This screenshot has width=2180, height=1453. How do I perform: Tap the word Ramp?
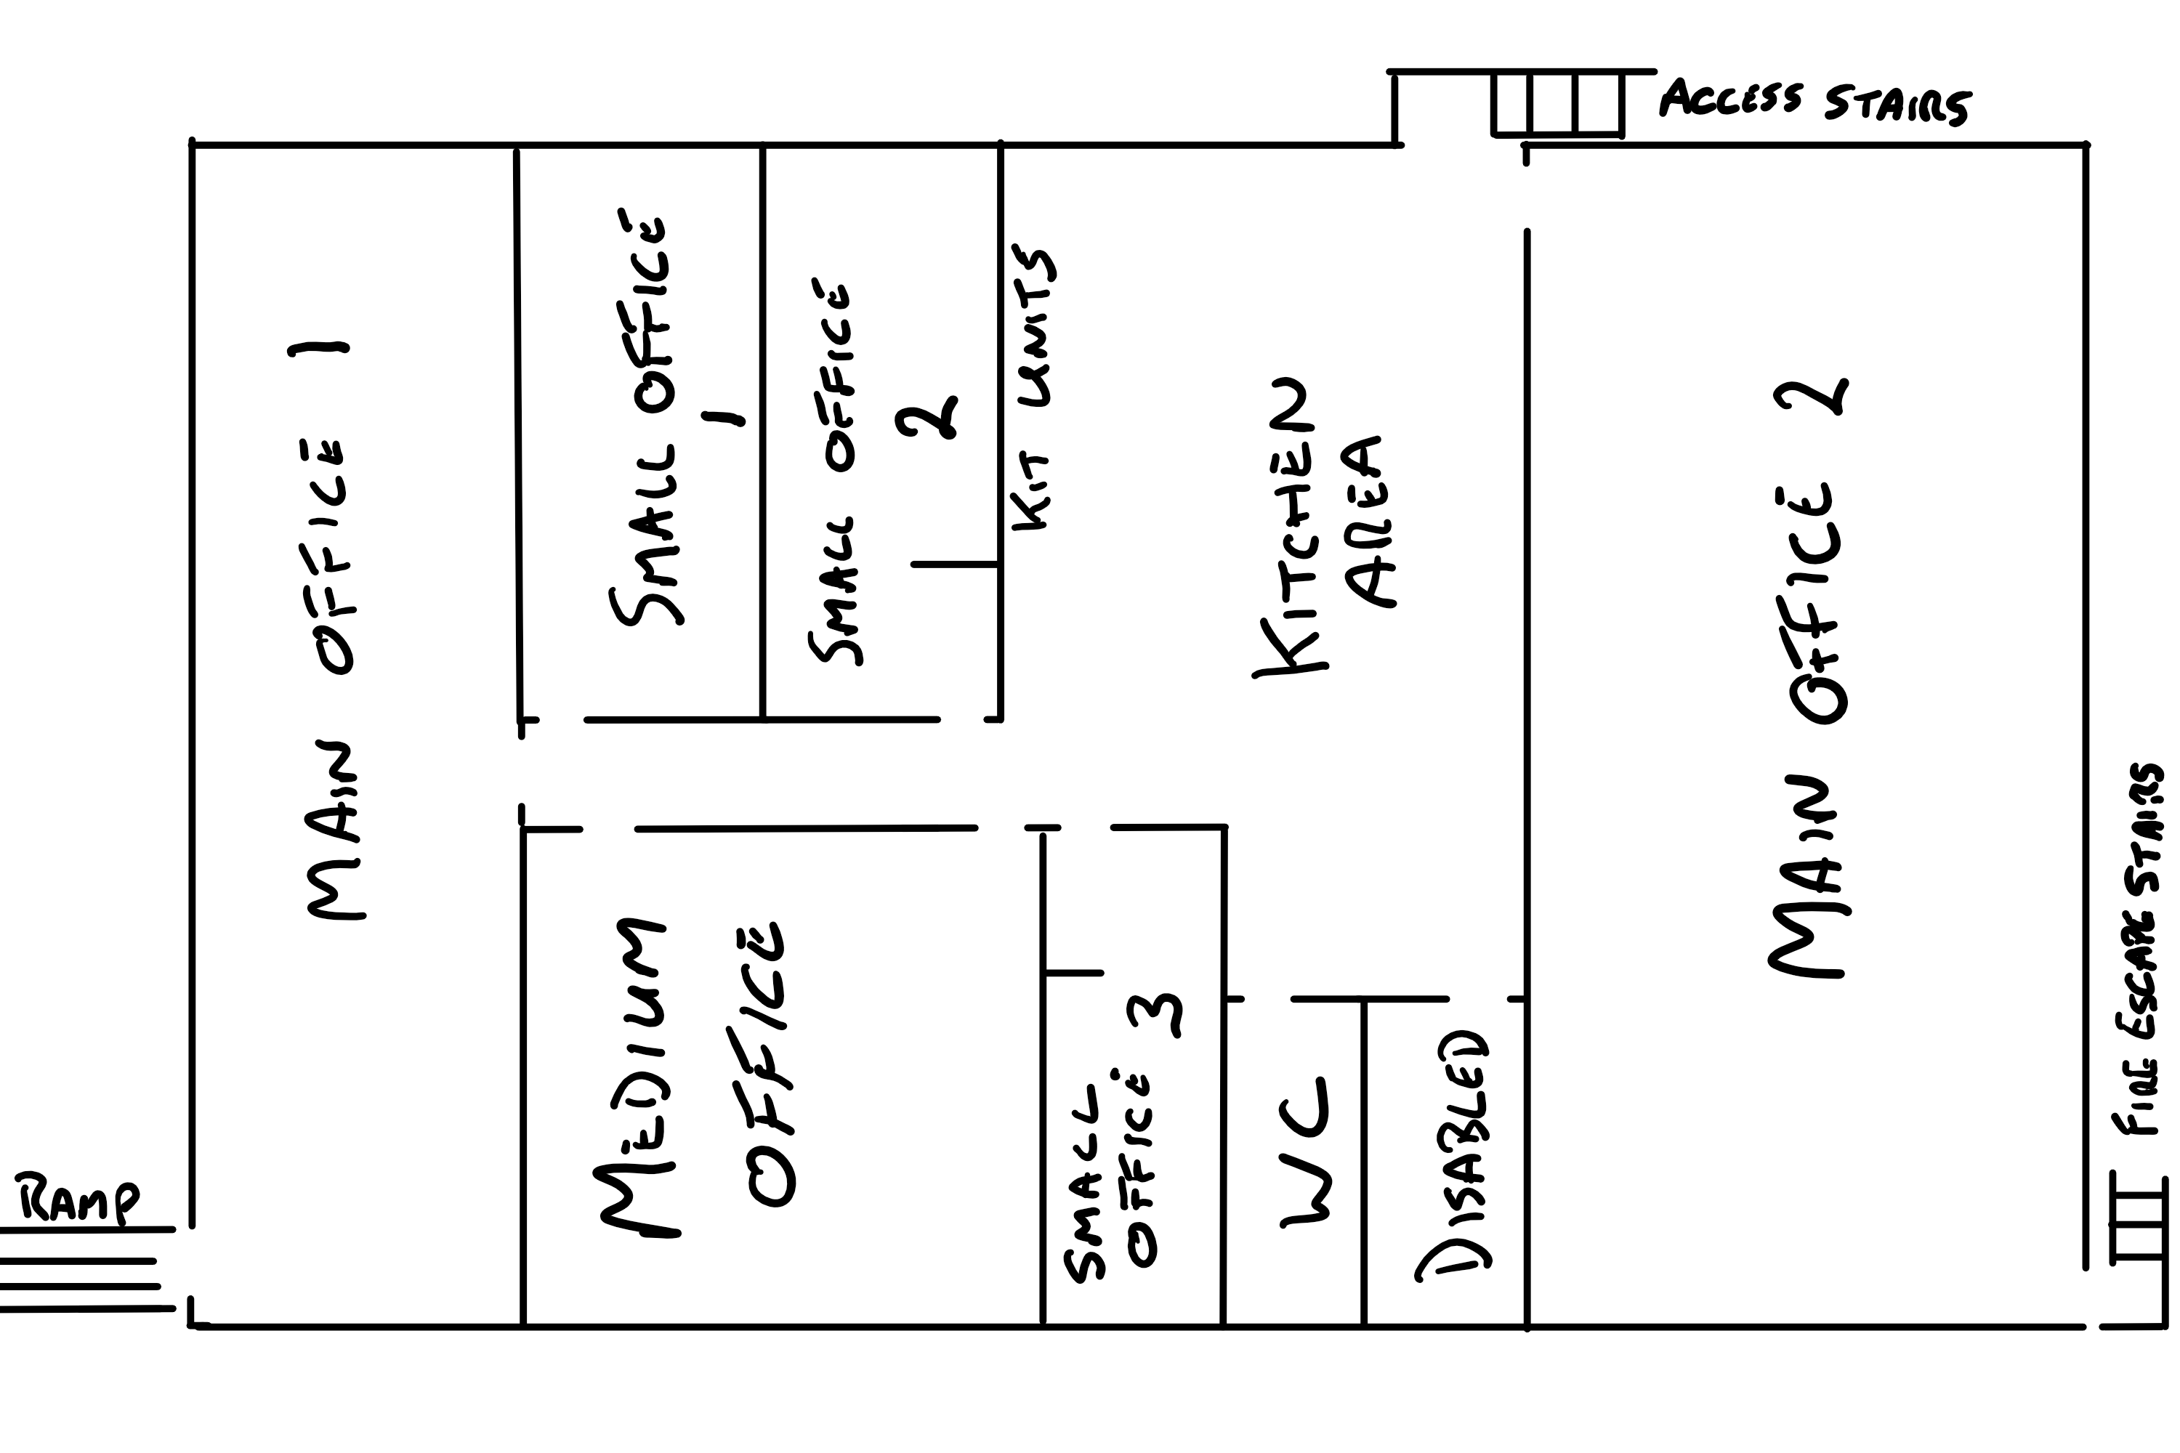pyautogui.click(x=78, y=1201)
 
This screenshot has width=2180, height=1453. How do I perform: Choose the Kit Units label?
pyautogui.click(x=1033, y=389)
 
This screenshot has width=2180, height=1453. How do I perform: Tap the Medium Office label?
pyautogui.click(x=690, y=1075)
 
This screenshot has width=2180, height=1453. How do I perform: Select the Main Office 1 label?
pyautogui.click(x=329, y=630)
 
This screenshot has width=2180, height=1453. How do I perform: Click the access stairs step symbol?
pyautogui.click(x=1557, y=104)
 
